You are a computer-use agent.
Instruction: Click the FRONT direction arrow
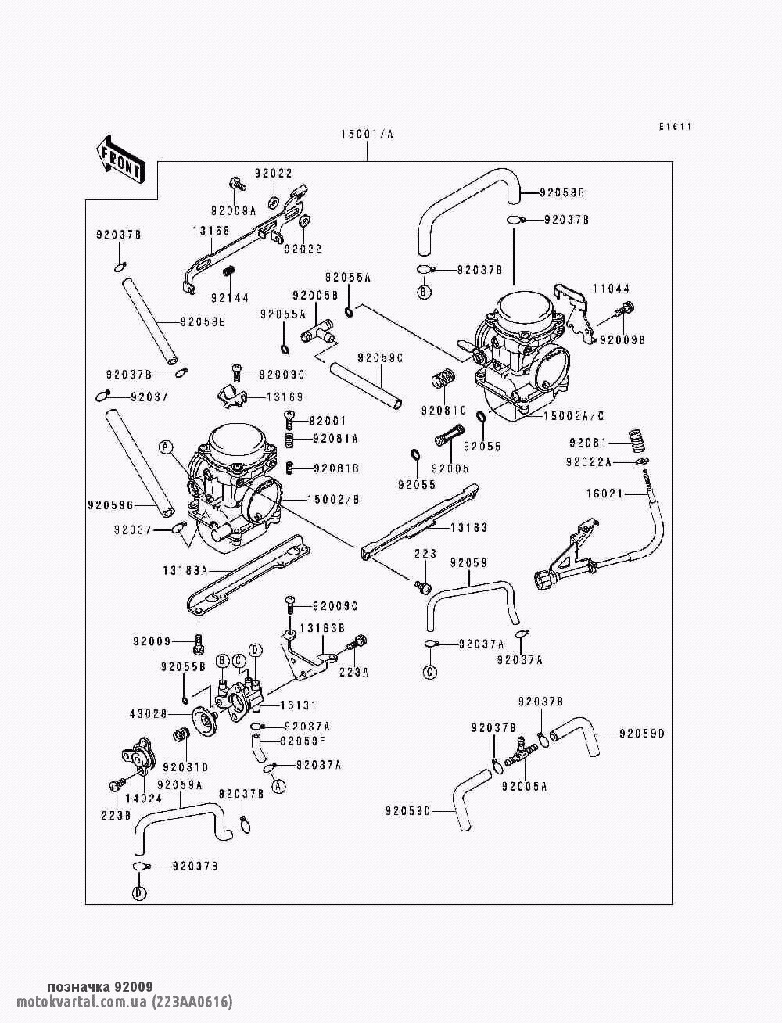pyautogui.click(x=118, y=159)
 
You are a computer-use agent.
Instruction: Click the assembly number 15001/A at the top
pyautogui.click(x=367, y=135)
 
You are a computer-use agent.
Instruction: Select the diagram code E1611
pyautogui.click(x=676, y=127)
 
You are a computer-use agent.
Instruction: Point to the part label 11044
pyautogui.click(x=611, y=289)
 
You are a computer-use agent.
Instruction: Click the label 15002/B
pyautogui.click(x=333, y=498)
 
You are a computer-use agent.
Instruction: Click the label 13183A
pyautogui.click(x=185, y=570)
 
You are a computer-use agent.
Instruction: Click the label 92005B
pyautogui.click(x=315, y=296)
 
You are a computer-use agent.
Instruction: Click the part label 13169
pyautogui.click(x=285, y=397)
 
